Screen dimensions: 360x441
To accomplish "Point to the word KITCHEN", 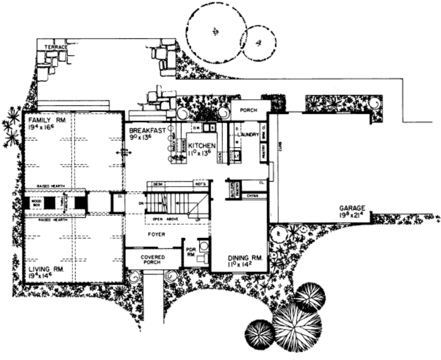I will point(201,146).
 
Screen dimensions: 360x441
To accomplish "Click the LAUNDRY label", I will point(247,134).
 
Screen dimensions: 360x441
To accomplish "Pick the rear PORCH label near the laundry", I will point(248,110).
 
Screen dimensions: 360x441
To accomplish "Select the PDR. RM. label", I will point(190,252).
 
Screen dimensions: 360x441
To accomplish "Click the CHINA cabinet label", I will point(252,196).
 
